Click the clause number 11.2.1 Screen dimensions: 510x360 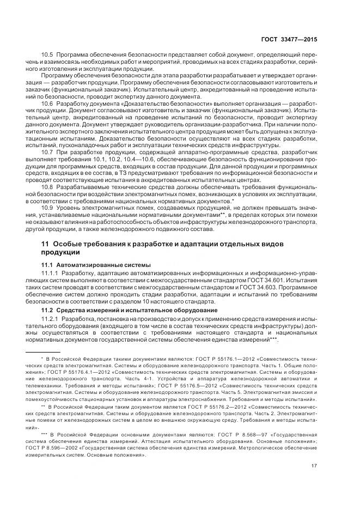click(x=51, y=317)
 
